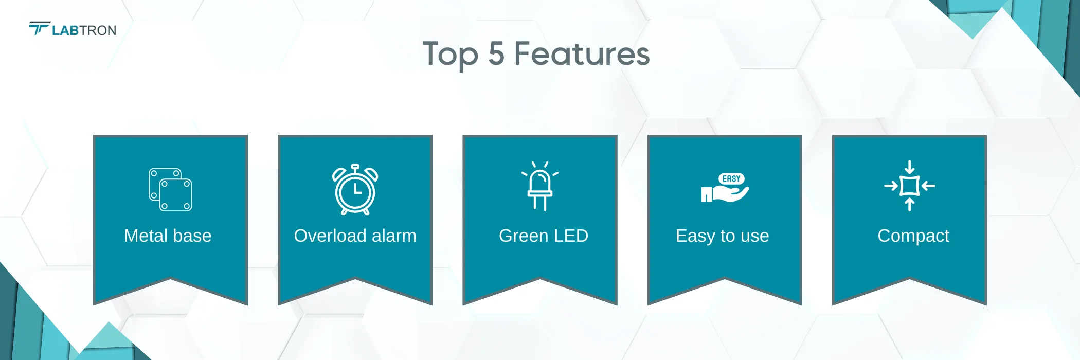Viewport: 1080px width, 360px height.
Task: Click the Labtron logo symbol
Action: coord(39,28)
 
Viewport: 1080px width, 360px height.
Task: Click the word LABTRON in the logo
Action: coord(84,31)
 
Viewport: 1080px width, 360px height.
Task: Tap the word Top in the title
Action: coord(451,55)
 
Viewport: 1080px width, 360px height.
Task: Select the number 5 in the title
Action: coord(496,53)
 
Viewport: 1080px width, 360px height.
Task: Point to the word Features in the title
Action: coord(582,53)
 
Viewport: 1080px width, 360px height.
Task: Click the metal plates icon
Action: coord(170,189)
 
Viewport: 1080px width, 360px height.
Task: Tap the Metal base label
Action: coord(168,236)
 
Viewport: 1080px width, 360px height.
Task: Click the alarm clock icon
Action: coord(355,189)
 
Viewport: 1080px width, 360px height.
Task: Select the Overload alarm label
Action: coord(355,236)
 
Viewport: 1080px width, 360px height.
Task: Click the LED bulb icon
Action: coord(540,186)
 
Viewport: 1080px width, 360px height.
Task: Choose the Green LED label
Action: coord(544,236)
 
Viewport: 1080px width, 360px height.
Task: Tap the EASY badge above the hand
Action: coord(731,179)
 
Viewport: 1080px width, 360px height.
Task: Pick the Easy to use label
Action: coord(723,236)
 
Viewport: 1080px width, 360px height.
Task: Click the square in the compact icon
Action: coord(910,186)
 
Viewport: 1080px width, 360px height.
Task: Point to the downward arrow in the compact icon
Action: coord(910,167)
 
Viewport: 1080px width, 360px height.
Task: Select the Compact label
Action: coord(913,236)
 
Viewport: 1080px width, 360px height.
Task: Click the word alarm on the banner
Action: coord(394,236)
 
